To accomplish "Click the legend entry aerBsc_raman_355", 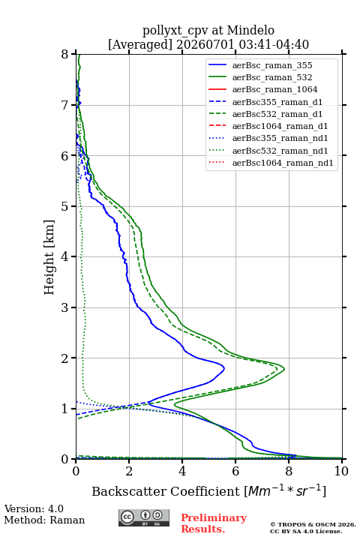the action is click(x=272, y=65).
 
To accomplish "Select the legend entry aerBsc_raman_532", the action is click(x=272, y=77).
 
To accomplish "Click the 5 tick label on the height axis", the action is click(x=65, y=206).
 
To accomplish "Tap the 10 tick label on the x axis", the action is click(x=341, y=471).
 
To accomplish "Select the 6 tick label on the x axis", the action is click(x=235, y=471).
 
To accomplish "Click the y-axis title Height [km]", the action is click(x=49, y=257).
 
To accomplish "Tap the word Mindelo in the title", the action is click(x=250, y=30).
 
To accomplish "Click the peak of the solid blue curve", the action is click(x=224, y=368).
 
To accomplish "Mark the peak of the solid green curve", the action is click(x=284, y=369).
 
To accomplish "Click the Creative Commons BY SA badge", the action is click(x=144, y=517).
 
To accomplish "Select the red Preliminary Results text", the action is click(x=214, y=523).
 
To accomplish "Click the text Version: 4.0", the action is click(x=34, y=508).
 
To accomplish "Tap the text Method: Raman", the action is click(x=44, y=520).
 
